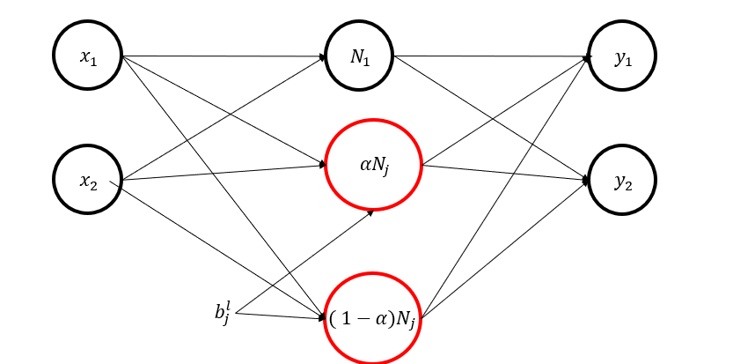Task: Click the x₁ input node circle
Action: [87, 56]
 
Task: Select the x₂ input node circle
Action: [87, 181]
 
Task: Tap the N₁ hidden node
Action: [358, 56]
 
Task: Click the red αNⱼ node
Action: [374, 164]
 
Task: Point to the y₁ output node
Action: [622, 56]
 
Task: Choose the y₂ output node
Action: [622, 181]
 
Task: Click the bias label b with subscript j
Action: [220, 311]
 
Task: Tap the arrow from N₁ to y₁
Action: [493, 57]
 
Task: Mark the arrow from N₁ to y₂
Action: [493, 120]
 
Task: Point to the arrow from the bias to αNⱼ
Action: [304, 262]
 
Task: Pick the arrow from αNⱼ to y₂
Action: [506, 173]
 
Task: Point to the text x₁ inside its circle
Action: [87, 57]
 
